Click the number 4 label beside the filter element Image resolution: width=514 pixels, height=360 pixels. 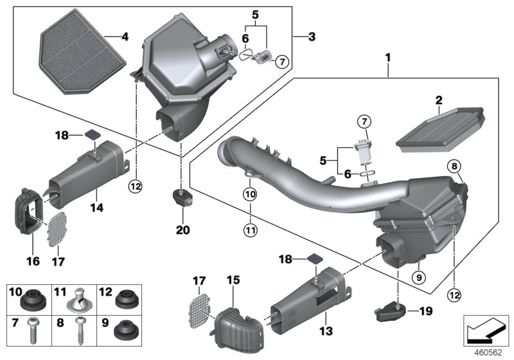[124, 37]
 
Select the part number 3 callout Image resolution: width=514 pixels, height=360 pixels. [312, 37]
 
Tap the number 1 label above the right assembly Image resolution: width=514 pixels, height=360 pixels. [387, 59]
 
